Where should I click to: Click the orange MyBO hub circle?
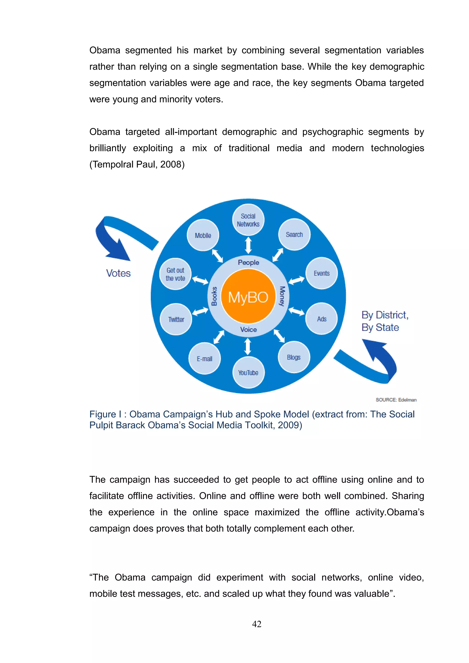[248, 296]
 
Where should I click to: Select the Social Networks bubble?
[248, 220]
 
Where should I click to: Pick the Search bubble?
[294, 234]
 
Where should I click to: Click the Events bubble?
[321, 273]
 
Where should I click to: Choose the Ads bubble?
[321, 319]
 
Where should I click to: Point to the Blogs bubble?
[294, 357]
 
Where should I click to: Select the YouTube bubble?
[248, 372]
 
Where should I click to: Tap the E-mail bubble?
[205, 359]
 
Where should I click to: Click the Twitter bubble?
[176, 319]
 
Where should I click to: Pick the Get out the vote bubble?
[175, 274]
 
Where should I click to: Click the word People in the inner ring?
[248, 262]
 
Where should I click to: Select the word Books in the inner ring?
[214, 296]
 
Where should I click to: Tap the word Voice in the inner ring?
[248, 329]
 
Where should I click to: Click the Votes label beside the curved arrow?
[118, 273]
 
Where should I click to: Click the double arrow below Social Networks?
[248, 245]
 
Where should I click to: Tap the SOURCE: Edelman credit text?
[396, 400]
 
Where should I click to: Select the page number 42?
[257, 624]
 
